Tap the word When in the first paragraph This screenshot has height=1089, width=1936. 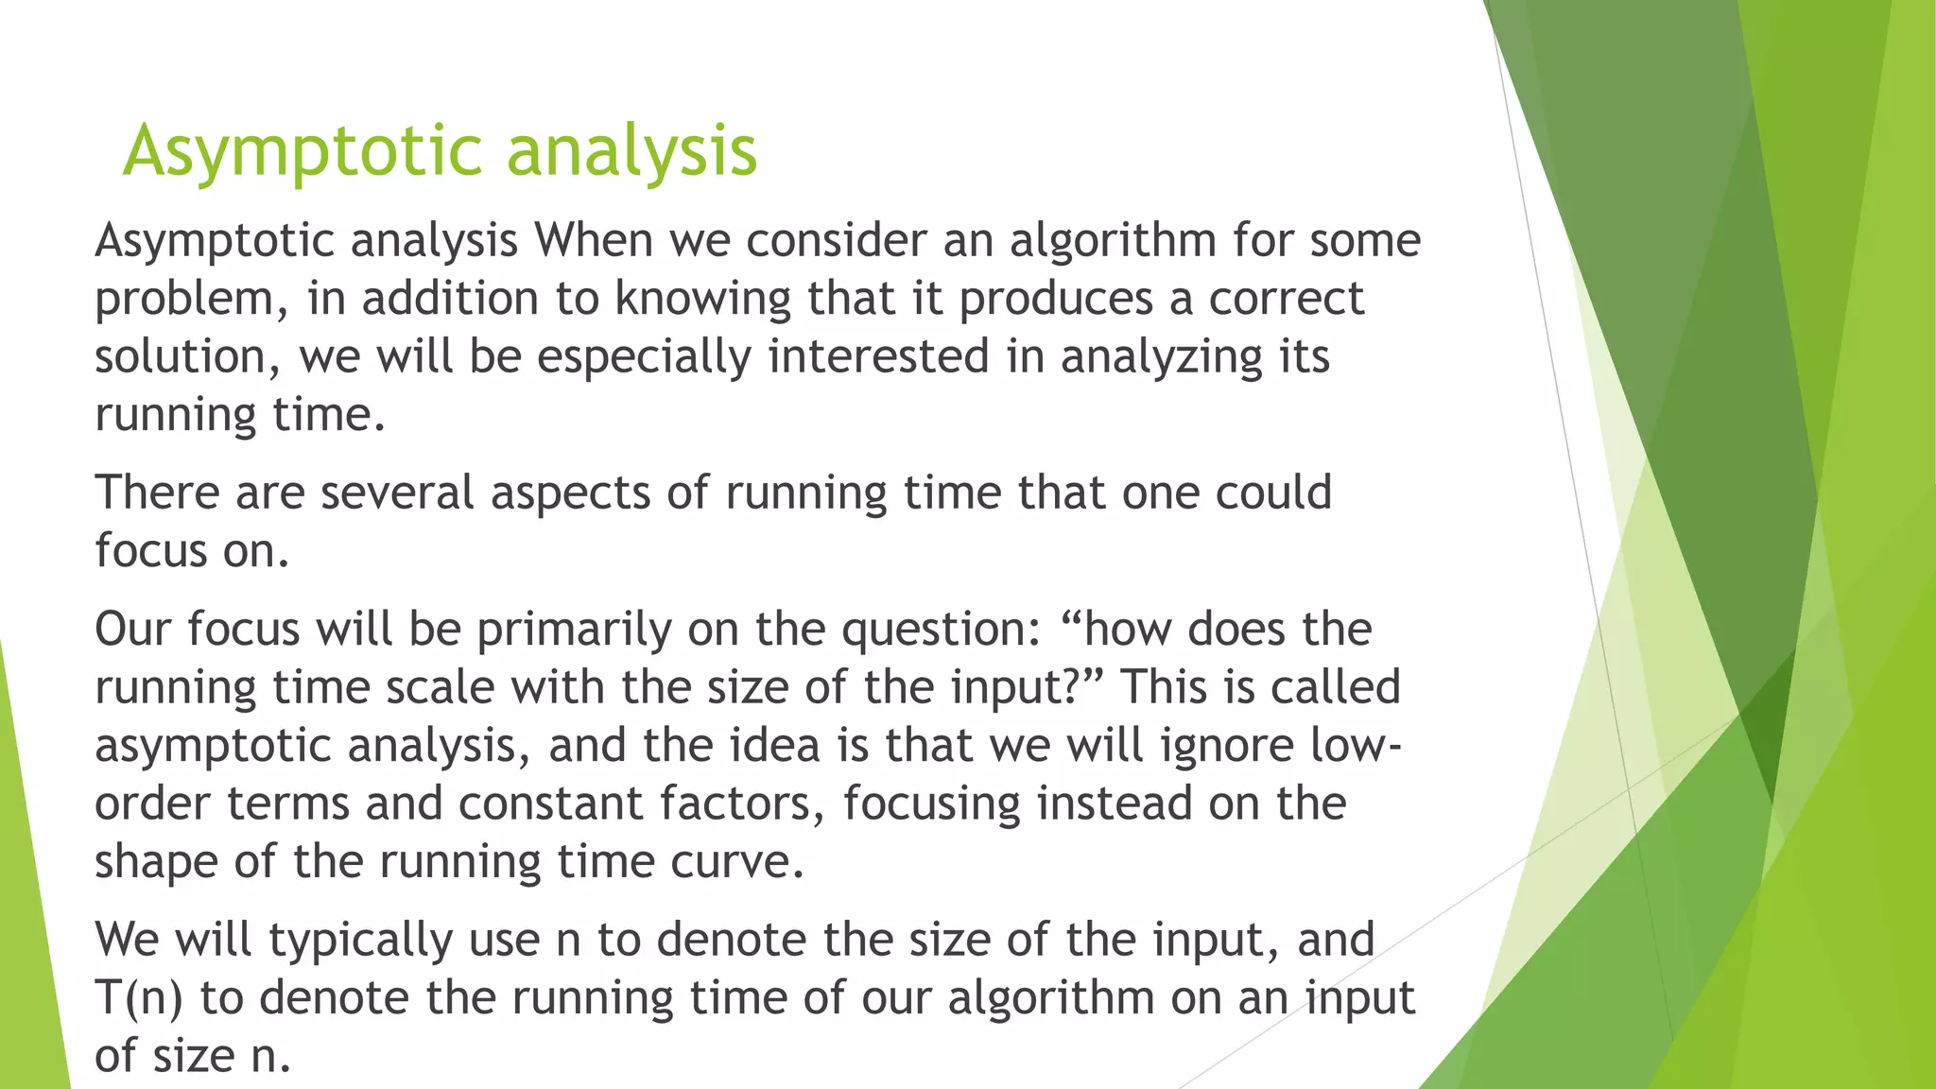594,240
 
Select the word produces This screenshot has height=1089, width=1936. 1056,299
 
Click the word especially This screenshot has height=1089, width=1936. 644,358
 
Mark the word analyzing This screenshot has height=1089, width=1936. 1161,358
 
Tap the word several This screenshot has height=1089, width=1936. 397,493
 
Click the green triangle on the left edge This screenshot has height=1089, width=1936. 28,898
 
